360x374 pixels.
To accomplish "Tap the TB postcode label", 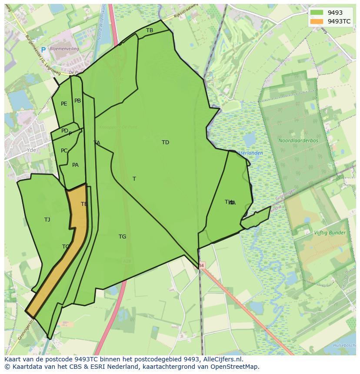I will point(150,30).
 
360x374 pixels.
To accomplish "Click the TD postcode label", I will point(165,142).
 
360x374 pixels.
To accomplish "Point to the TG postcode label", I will point(122,237).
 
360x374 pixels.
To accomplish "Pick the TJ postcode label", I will point(47,220).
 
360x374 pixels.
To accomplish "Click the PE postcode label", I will point(64,104).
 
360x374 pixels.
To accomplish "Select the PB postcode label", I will point(77,101).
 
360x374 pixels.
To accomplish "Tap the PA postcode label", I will point(75,165).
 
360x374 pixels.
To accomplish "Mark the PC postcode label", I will point(64,151).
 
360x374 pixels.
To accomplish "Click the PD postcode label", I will point(64,131).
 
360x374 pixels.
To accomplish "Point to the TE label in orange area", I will point(84,204).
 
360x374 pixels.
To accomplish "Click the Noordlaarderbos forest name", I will point(298,141).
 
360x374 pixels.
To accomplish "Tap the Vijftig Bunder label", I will point(330,233).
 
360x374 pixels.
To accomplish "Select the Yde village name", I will point(31,150).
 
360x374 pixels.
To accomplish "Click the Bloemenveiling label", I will point(64,49).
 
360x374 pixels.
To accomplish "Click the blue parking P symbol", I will point(43,50).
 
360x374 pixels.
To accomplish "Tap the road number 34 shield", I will point(201,265).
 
